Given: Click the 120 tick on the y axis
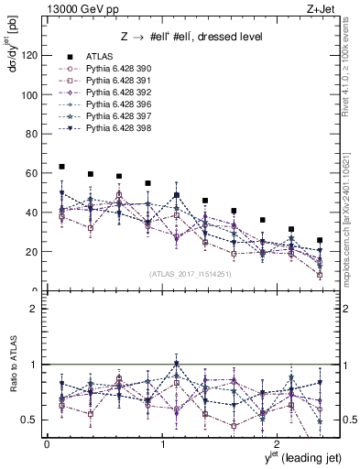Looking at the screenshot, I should (29, 56).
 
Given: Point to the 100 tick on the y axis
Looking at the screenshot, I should (29, 95).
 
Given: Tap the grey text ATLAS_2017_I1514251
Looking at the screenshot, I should (183, 274).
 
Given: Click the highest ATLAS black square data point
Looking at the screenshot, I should (61, 167).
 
